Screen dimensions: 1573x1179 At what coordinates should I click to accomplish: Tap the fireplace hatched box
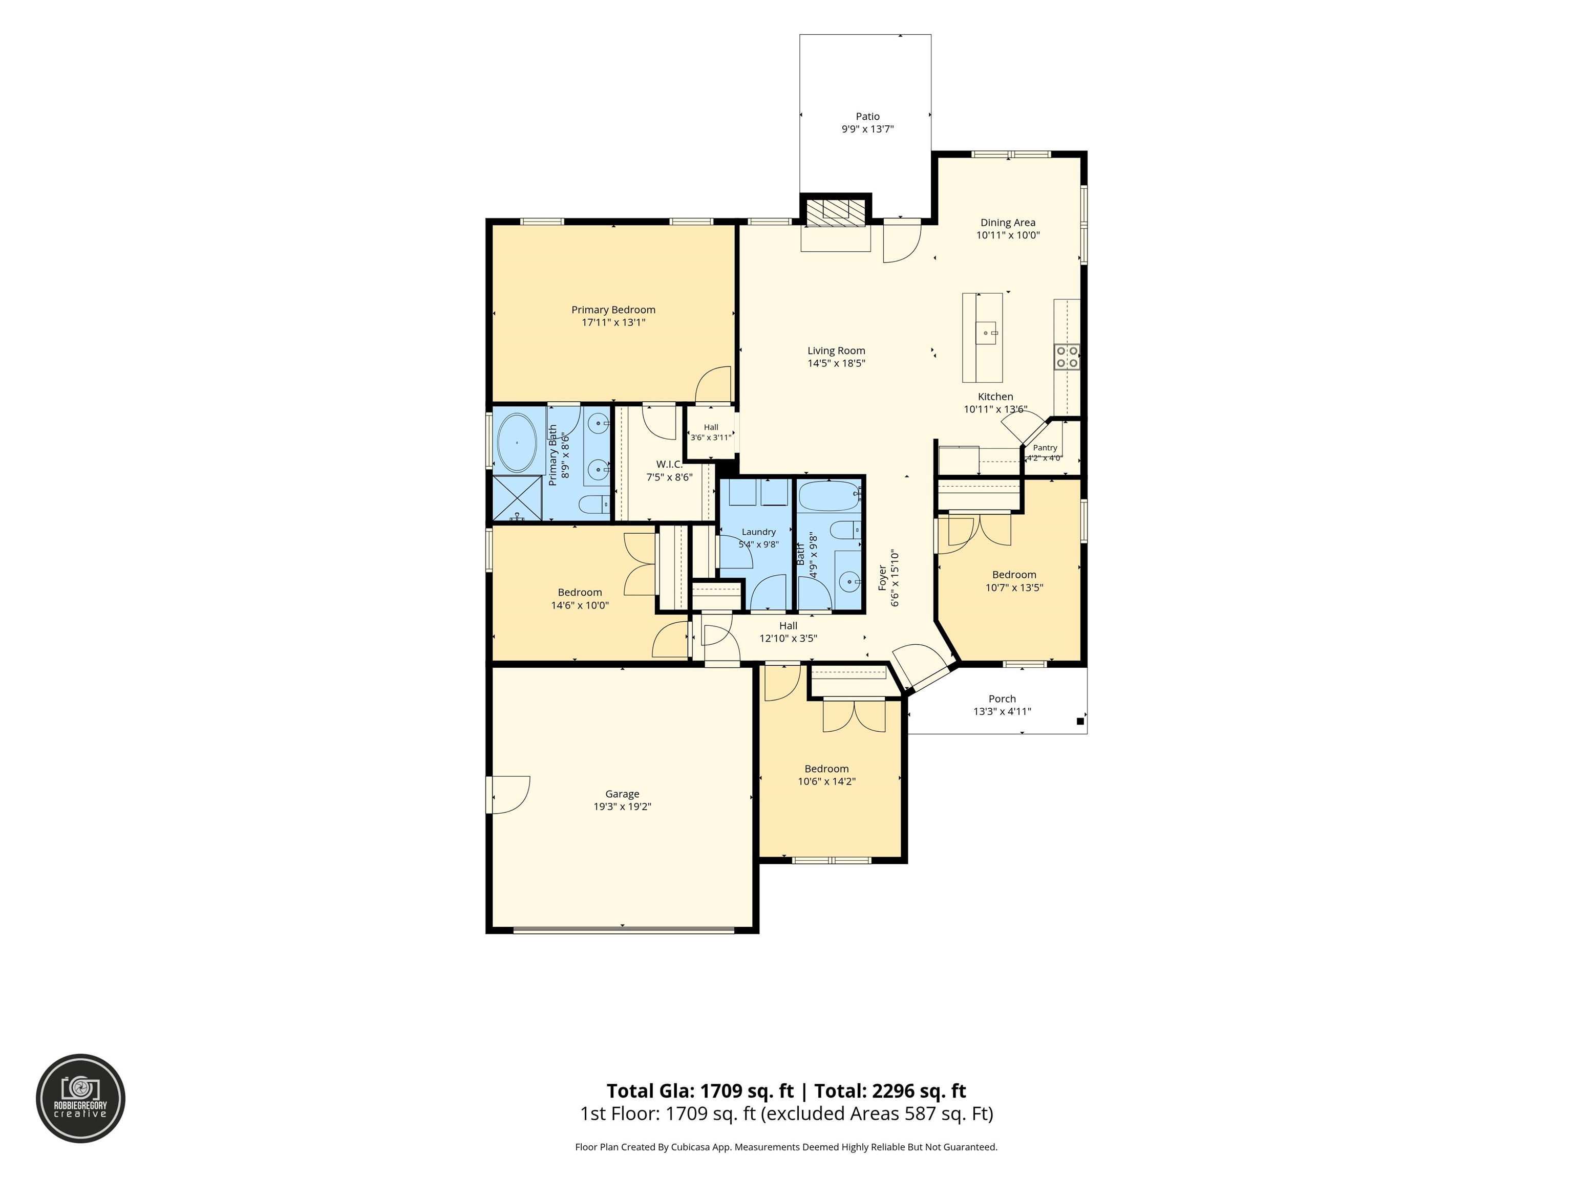coord(836,210)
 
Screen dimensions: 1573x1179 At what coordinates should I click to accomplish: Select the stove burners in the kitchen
coord(1067,357)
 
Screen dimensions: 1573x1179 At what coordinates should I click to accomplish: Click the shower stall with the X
coord(517,499)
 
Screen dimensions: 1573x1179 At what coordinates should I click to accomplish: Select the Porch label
coord(1002,698)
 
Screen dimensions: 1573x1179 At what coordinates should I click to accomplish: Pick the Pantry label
coord(1045,448)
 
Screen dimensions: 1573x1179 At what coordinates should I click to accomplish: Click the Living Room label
coord(836,351)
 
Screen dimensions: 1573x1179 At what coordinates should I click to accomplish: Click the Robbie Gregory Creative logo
coord(81,1098)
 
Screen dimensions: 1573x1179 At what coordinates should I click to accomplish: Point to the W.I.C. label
coord(668,464)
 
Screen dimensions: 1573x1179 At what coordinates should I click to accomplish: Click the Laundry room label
coord(759,532)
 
